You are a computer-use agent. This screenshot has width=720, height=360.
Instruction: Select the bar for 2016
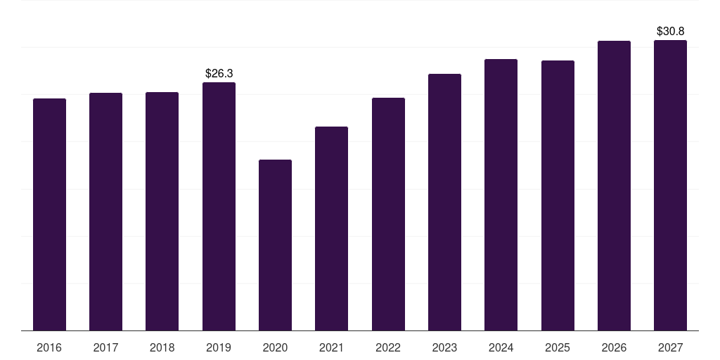[x=50, y=214]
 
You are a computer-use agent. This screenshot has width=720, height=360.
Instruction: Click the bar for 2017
[x=105, y=212]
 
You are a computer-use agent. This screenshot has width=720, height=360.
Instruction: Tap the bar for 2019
[x=219, y=207]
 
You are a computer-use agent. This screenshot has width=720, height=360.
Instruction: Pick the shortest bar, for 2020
[x=275, y=245]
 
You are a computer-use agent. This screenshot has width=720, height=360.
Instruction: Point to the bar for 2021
[x=332, y=229]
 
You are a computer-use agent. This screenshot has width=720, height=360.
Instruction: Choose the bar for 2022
[x=388, y=214]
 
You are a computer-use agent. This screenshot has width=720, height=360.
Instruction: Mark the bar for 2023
[x=444, y=202]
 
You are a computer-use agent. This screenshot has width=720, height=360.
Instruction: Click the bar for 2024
[x=501, y=195]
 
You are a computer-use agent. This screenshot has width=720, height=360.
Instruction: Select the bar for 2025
[x=558, y=195]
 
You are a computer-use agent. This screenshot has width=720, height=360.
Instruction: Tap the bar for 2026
[x=614, y=186]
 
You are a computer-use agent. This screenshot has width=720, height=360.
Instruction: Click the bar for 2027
[x=670, y=186]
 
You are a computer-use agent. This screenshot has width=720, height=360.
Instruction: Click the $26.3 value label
[x=219, y=73]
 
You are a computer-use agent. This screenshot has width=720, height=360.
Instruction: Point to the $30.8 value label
[x=670, y=31]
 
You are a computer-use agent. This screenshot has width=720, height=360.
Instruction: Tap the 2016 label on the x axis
[x=49, y=347]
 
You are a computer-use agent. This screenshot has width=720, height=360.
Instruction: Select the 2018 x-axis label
[x=162, y=347]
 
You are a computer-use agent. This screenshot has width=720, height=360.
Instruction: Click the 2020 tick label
[x=275, y=347]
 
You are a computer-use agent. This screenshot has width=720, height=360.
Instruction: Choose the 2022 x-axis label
[x=388, y=347]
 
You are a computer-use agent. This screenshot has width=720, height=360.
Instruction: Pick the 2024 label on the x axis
[x=501, y=347]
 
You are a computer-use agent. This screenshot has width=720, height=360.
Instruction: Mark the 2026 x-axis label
[x=614, y=347]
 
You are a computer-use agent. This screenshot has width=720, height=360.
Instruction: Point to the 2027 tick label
[x=670, y=347]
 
